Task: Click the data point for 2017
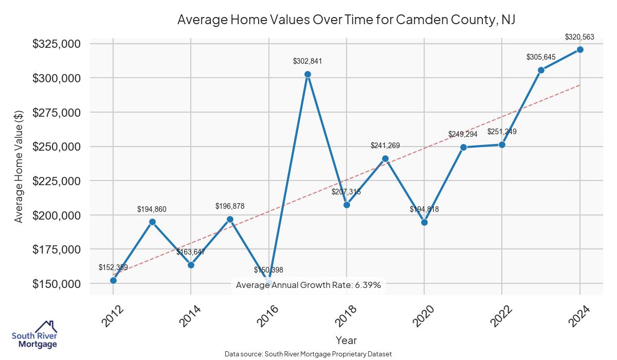pos(307,74)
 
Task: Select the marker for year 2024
pos(580,49)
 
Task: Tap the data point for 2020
pos(424,222)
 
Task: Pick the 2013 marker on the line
pos(152,222)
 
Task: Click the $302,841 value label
pos(307,61)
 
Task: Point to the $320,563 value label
pos(579,37)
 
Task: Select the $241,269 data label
pos(385,146)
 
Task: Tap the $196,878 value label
pos(230,206)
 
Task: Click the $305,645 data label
pos(541,57)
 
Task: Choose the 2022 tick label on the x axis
pos(499,316)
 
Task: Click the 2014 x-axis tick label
pos(188,316)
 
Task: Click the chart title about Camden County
pos(346,20)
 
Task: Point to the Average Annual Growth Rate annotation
pos(308,285)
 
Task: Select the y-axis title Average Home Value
pos(19,166)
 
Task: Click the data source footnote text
pos(308,354)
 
